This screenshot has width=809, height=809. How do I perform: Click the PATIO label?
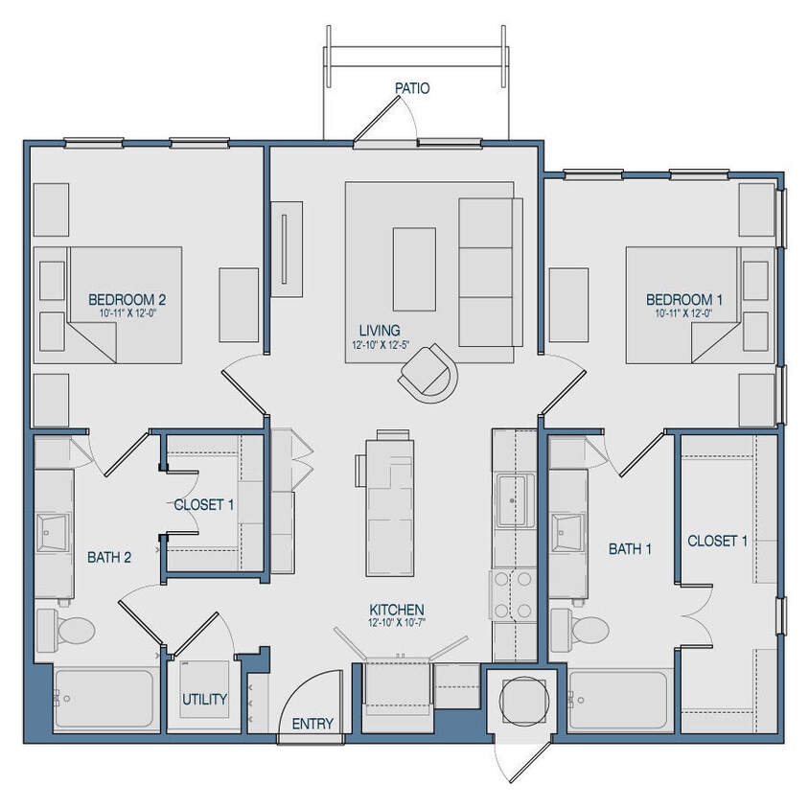coord(411,88)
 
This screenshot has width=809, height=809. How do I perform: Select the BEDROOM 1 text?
coord(683,299)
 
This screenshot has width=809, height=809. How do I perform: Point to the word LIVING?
coord(374,331)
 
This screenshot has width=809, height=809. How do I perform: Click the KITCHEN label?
coord(397,610)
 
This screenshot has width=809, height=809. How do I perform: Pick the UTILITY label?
coord(205,699)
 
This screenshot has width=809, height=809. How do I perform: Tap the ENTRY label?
coord(312,724)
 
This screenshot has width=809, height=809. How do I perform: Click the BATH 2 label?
coord(109,556)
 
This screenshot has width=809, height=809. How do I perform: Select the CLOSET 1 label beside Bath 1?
coord(717,541)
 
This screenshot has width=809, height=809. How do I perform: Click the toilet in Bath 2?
coord(67,630)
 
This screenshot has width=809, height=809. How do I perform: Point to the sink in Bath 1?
coord(567,530)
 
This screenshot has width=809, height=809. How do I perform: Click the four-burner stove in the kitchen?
coord(513,594)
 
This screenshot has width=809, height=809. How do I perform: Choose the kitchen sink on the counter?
coord(514,499)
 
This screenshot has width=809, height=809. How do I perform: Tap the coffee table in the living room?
coord(414,268)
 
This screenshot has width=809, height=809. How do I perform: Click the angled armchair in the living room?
coord(429,370)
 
